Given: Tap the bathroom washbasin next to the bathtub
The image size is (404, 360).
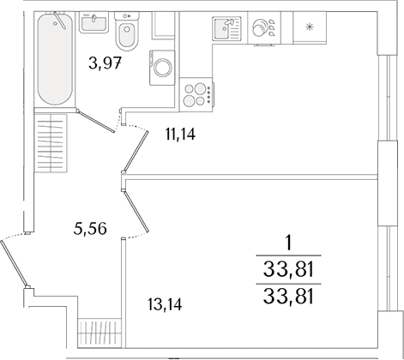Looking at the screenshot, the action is (93, 22).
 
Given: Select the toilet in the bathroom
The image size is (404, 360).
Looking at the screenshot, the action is (127, 31).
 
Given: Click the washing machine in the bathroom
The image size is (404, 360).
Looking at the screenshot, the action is (162, 68).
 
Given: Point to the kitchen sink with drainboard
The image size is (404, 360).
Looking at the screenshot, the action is (226, 27).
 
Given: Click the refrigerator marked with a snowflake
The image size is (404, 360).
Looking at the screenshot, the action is (310, 27).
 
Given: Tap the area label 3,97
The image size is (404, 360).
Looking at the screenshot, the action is (105, 63).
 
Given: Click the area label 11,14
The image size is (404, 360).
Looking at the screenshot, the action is (180, 135).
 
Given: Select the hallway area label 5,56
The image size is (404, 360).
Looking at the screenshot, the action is (90, 229).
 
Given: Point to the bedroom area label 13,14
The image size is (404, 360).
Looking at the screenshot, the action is (165, 304).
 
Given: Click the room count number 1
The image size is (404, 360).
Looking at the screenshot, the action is (289, 243).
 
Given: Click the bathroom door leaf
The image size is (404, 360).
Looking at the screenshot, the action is (97, 122).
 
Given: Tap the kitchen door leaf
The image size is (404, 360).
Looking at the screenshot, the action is (136, 152).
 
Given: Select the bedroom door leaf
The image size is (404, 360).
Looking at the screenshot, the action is (136, 212).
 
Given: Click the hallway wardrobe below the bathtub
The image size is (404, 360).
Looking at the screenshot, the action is (51, 143).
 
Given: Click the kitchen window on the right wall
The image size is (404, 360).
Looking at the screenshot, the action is (388, 97).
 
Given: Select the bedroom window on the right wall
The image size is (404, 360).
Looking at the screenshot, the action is (388, 268).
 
